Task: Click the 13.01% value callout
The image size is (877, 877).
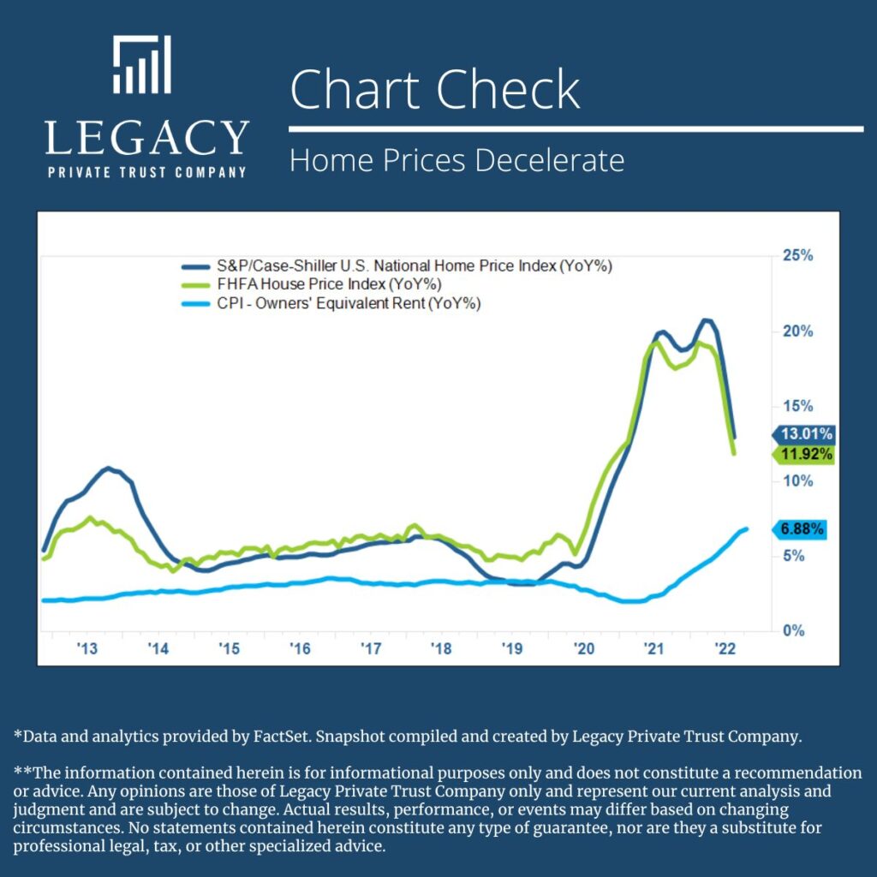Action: tap(804, 433)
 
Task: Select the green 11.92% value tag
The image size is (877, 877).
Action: tap(804, 454)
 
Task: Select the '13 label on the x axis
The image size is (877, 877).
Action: tap(87, 649)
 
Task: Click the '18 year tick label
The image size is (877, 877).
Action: tap(441, 649)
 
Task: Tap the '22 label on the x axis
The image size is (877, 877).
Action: tap(725, 649)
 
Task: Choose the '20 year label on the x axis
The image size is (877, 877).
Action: tap(583, 649)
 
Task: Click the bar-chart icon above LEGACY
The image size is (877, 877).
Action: tap(142, 65)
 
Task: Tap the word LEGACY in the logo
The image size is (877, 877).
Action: tap(146, 138)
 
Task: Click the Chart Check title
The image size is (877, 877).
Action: tap(435, 89)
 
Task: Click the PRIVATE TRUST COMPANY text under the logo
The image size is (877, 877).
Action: tap(146, 172)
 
